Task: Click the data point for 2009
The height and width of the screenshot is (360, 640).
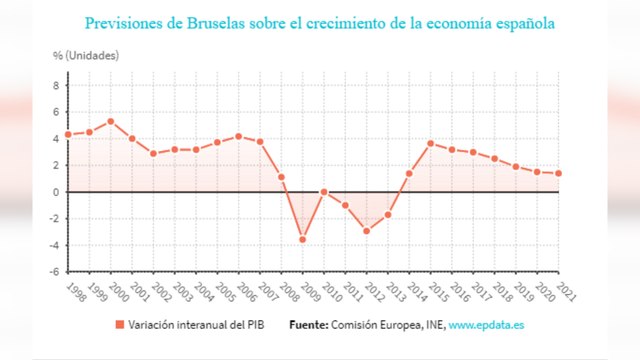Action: pos(303,239)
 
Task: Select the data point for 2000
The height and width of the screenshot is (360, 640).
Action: pos(110,121)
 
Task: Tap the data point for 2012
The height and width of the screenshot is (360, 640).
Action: pos(367,231)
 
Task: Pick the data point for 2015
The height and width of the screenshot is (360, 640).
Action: pos(431,143)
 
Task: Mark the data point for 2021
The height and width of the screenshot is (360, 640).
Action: pos(559,173)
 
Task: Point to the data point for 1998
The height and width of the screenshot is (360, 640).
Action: pos(67,134)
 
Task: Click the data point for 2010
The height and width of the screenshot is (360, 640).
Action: pos(324,191)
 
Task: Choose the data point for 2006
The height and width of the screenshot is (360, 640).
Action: pos(238,136)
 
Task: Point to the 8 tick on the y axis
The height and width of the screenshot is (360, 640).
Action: pos(56,86)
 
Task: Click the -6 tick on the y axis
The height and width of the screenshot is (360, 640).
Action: pos(54,271)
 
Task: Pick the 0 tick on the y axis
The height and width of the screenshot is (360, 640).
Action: pos(56,192)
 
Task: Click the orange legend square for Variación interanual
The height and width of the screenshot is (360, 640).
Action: pos(118,325)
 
